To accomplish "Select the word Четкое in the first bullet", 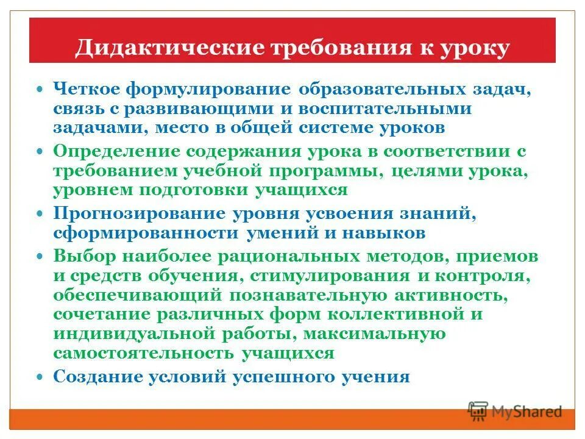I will pyautogui.click(x=85, y=89).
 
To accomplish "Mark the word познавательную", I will pyautogui.click(x=308, y=295).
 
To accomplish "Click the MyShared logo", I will pyautogui.click(x=515, y=412).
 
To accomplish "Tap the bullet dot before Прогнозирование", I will pyautogui.click(x=40, y=214).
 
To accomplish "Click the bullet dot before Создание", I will pyautogui.click(x=40, y=377).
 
